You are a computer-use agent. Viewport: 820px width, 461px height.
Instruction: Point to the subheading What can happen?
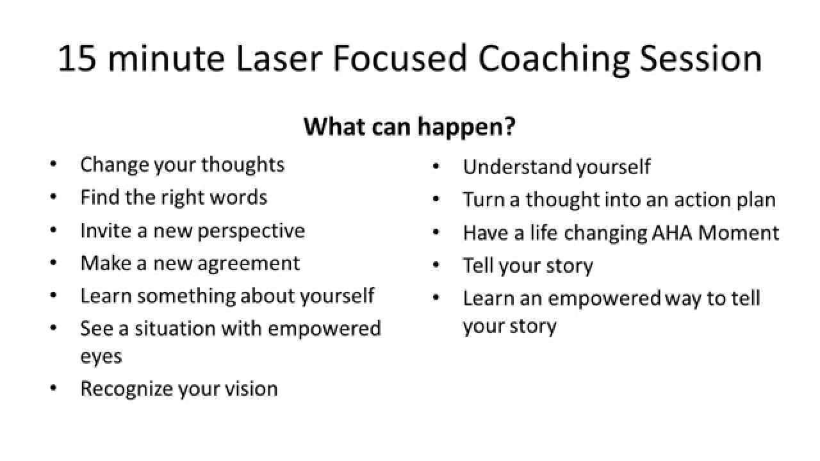coord(409,126)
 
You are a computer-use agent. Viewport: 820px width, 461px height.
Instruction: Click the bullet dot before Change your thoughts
coord(53,164)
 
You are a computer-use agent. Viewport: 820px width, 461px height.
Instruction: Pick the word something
coord(186,296)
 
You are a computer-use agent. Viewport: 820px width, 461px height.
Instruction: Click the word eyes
coord(101,356)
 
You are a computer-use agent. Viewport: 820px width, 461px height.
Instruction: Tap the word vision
coord(252,389)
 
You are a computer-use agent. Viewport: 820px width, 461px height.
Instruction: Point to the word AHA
coord(672,232)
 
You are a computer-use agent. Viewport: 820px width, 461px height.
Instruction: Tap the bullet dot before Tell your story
coord(436,264)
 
